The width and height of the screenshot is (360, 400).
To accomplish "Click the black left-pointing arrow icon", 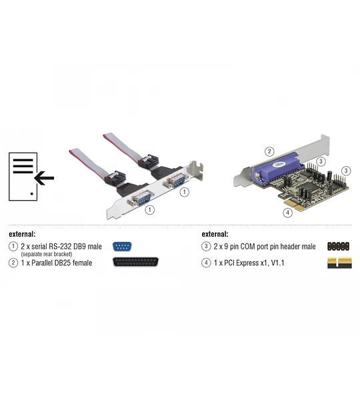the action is tap(44, 178).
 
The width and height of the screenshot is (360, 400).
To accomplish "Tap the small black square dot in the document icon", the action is tap(31, 194).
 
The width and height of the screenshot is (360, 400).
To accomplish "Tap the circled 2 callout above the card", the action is tap(269, 151).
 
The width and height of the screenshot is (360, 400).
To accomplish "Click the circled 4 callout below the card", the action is tap(287, 213).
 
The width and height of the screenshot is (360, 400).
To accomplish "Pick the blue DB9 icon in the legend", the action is tap(122, 247).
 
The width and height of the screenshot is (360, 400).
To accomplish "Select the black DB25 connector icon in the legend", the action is tap(135, 262).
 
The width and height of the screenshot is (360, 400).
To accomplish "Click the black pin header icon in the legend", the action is tap(338, 247).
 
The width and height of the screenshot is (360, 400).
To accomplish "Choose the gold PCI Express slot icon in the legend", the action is tap(339, 263).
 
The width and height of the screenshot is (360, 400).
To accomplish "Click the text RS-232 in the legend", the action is tap(61, 247).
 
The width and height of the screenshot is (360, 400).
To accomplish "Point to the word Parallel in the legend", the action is tap(42, 263).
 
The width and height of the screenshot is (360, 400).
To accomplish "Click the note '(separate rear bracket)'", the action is tap(47, 254).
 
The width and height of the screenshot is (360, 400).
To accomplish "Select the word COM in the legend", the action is tap(248, 247).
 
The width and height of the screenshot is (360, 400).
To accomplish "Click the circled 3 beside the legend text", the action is tap(206, 247).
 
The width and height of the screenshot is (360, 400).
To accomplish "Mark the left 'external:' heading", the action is tap(22, 234).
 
